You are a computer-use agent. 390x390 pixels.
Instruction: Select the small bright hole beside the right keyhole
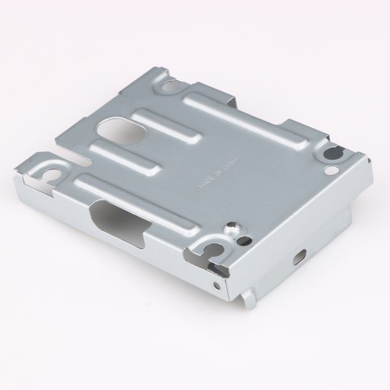click(330, 170)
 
